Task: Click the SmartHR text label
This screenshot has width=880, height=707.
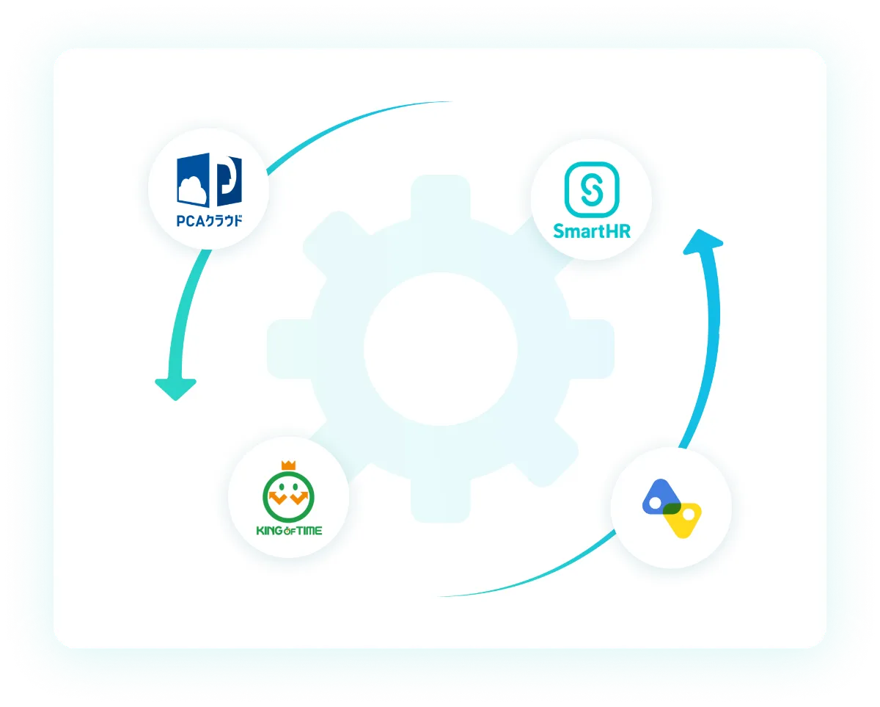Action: pos(591,232)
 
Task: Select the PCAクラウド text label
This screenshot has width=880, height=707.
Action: pos(209,220)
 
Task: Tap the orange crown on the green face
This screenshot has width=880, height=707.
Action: pos(287,465)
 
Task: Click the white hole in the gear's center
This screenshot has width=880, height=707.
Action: pos(439,348)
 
